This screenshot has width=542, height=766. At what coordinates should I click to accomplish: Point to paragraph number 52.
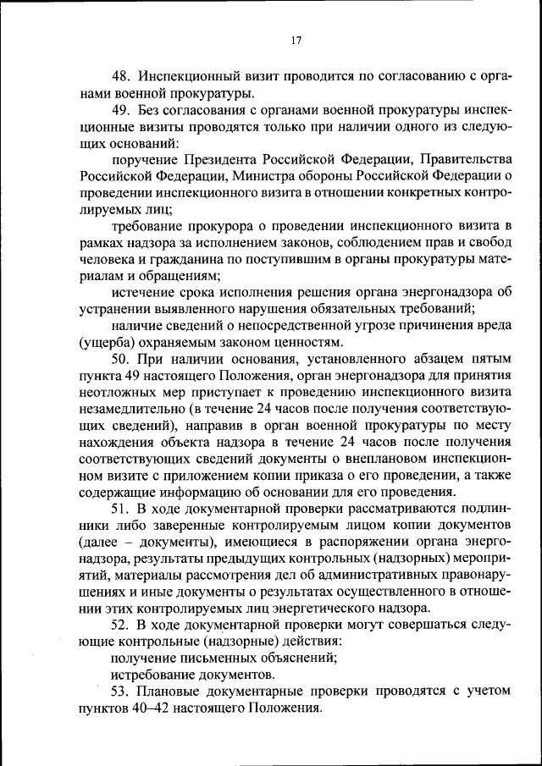(121, 625)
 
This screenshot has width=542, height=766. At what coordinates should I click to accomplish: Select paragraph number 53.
(121, 691)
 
